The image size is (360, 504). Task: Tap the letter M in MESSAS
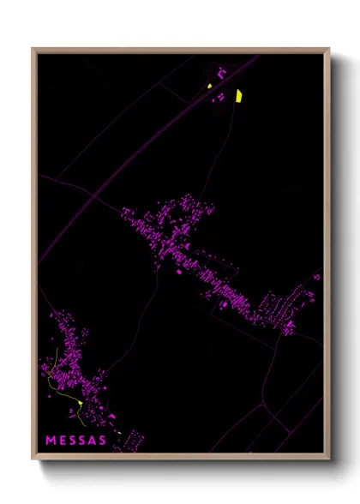(51, 441)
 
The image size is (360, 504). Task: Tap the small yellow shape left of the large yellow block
(209, 85)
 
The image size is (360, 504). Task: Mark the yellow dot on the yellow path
(79, 403)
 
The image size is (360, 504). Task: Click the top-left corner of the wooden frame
(33, 49)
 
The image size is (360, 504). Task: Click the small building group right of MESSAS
(130, 440)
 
